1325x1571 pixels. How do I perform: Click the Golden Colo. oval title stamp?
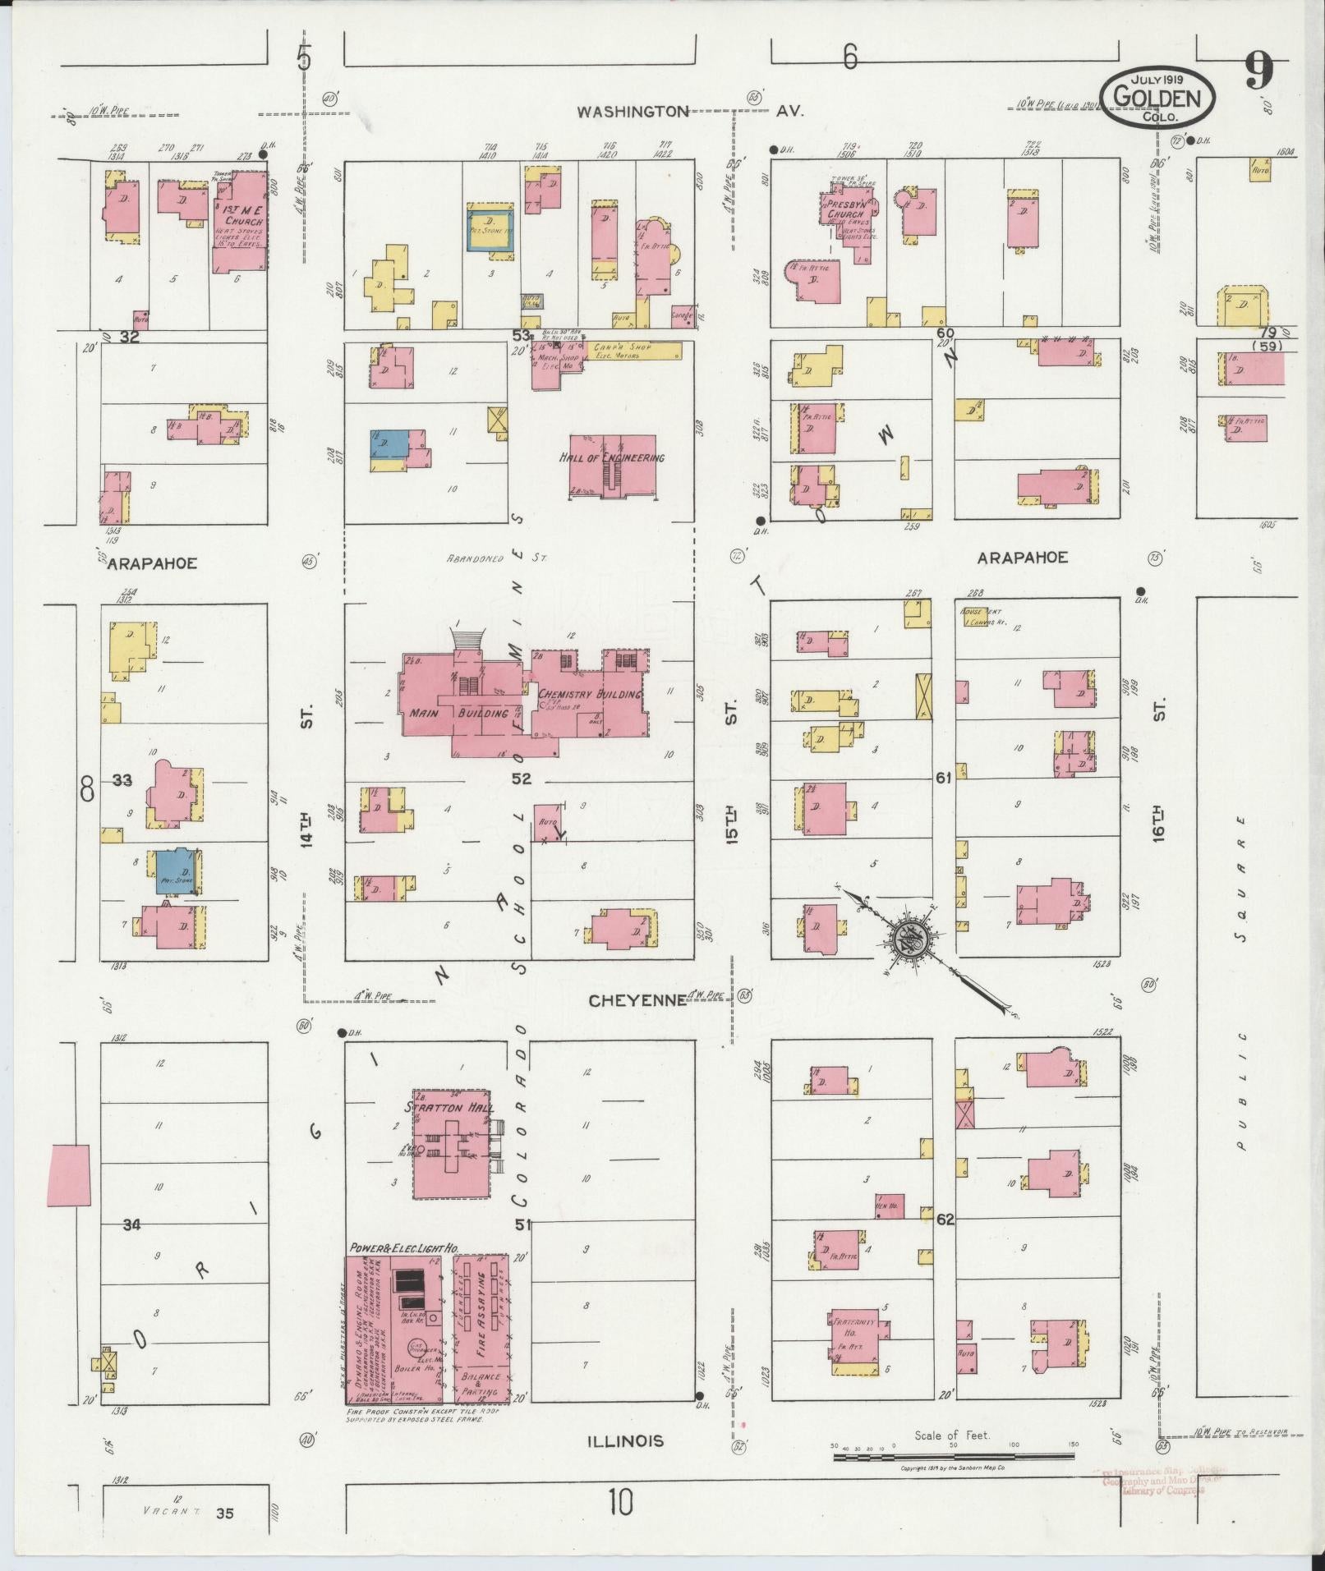coord(1157,97)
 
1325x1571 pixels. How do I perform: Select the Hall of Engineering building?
coord(613,466)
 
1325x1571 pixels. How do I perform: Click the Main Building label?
coord(458,713)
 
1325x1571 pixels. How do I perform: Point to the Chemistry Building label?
coord(589,695)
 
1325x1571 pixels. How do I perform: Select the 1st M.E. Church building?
coord(240,221)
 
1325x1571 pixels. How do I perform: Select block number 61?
coord(942,777)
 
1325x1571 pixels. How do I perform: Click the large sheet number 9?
coord(1258,72)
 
